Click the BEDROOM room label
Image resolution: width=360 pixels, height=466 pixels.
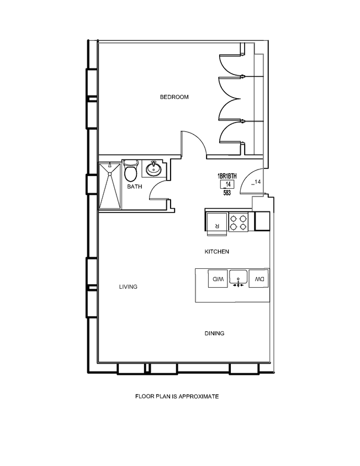tap(174, 97)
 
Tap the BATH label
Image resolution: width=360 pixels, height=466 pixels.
tap(135, 187)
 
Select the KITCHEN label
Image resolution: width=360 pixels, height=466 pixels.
tap(217, 252)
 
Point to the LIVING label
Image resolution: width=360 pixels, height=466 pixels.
tap(128, 287)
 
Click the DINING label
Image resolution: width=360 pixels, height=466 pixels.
tap(214, 333)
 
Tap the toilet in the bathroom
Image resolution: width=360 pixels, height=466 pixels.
tap(130, 172)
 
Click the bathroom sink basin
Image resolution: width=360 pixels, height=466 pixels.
tap(153, 168)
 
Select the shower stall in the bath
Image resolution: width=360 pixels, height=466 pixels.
tap(110, 186)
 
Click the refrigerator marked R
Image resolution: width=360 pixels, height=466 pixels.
tap(216, 222)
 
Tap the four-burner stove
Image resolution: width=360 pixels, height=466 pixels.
tap(239, 222)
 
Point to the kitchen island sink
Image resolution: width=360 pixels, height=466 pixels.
tap(239, 278)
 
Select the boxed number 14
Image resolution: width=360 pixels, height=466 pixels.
tap(226, 184)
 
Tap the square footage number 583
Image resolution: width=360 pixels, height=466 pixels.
tap(227, 193)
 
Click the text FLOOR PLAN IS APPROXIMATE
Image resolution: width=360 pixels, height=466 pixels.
tap(178, 396)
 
